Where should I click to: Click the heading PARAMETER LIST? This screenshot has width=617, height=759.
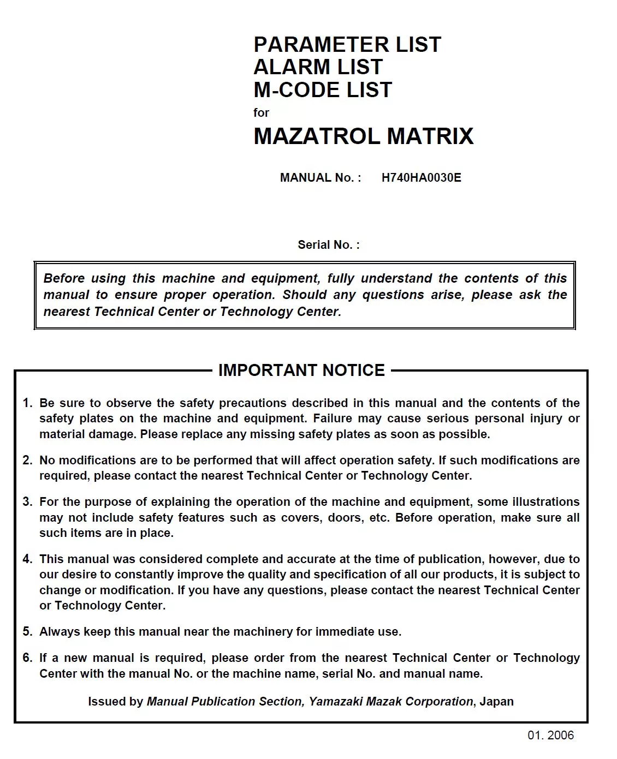pos(347,44)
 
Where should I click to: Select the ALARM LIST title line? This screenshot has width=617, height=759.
pos(318,67)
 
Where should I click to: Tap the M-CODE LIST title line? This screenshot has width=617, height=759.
pos(323,90)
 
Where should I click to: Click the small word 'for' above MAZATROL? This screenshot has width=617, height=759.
pos(261,113)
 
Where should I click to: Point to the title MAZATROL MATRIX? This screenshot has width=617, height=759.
pos(364,136)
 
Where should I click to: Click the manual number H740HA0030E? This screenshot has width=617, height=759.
pos(421,178)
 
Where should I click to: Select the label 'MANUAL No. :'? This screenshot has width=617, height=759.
pos(321,178)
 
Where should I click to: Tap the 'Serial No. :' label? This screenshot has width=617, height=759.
pos(329,245)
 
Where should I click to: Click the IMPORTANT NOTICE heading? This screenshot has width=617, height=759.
pos(301,370)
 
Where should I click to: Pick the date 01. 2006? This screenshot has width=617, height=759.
pos(550,736)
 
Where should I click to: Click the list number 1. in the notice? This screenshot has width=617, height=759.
pos(27,403)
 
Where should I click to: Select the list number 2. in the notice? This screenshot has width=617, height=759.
pos(27,461)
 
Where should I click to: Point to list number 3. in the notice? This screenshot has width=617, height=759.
pos(27,502)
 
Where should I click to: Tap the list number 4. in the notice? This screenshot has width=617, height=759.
pos(27,559)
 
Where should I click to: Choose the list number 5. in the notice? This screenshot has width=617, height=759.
pos(27,632)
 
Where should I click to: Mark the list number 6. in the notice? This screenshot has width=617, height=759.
pos(27,658)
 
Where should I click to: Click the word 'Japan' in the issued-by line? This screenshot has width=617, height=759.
pos(496,702)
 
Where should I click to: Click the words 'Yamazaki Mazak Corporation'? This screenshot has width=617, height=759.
pos(391,702)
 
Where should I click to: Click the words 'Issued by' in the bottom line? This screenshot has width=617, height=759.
pos(115,702)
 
